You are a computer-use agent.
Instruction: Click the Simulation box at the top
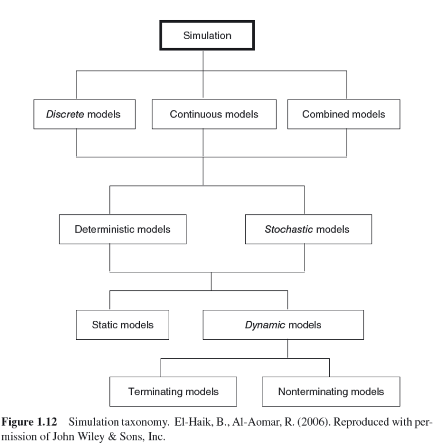[x=207, y=36]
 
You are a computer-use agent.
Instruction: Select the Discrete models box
[x=83, y=114]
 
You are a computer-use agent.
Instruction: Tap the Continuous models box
[x=214, y=114]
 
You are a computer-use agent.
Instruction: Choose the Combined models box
[x=343, y=114]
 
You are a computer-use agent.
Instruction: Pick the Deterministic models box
[x=122, y=229]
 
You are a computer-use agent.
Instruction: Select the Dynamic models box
[x=283, y=325]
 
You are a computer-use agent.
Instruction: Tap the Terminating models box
[x=173, y=392]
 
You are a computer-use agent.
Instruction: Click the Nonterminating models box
[x=330, y=392]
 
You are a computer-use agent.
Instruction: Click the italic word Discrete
[x=64, y=114]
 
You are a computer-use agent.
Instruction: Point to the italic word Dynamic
[x=262, y=325]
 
